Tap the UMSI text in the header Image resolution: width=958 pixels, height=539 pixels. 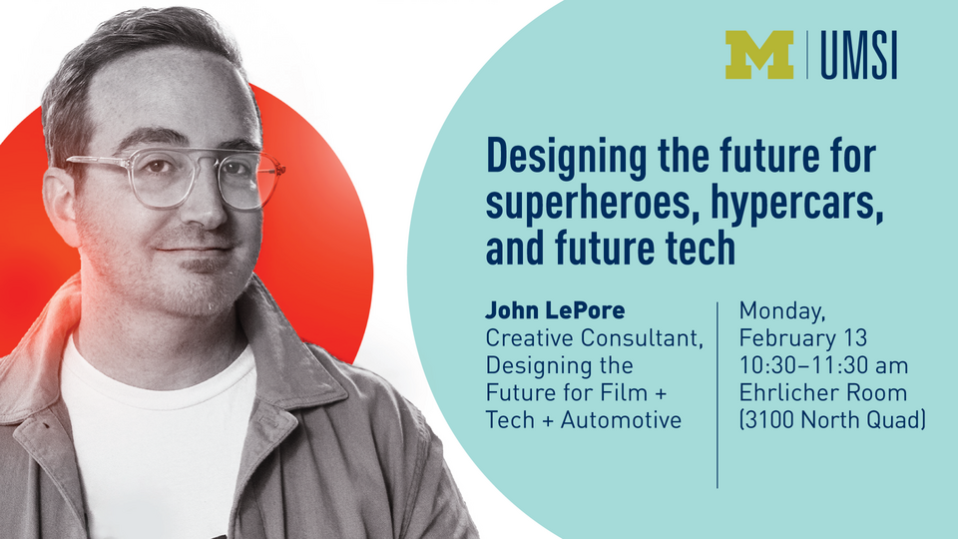(858, 55)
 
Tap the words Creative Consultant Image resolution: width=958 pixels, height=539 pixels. (593, 339)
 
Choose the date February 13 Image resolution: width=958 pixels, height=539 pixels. (804, 339)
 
